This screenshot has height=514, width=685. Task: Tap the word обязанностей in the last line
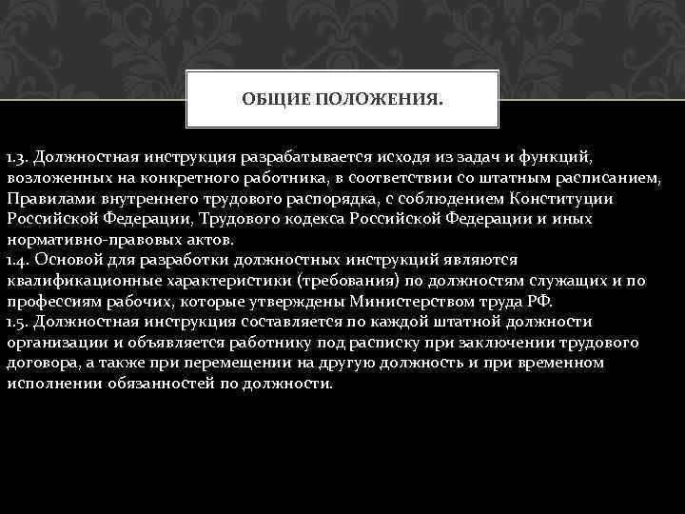click(x=166, y=384)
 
